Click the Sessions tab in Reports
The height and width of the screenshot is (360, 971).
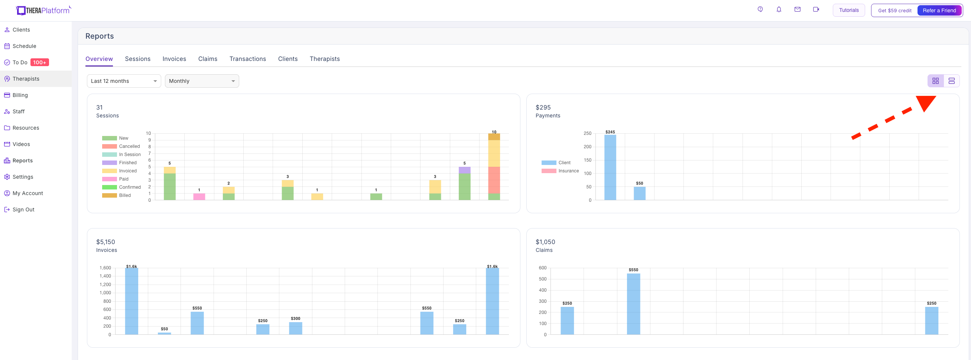[x=137, y=59]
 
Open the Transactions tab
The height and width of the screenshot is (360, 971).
[x=248, y=59]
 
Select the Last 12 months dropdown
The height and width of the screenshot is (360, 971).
[x=124, y=81]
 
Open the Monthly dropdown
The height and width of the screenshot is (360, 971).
[x=202, y=81]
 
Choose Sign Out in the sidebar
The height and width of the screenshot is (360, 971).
[x=19, y=210]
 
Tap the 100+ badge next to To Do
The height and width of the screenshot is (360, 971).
[x=40, y=62]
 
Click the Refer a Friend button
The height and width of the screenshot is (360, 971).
[x=939, y=10]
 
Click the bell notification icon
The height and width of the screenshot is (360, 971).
[x=779, y=9]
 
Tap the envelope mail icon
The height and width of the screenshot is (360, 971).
[x=797, y=9]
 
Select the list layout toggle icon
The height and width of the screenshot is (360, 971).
[x=951, y=81]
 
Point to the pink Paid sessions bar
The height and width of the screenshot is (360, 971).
[x=199, y=197]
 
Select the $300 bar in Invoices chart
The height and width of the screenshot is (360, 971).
[x=296, y=328]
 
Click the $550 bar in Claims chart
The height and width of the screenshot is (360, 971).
[x=633, y=304]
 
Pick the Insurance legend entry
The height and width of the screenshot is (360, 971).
[x=560, y=171]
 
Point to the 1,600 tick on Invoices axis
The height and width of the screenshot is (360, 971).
[x=105, y=268]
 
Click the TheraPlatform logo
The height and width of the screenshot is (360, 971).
[x=43, y=10]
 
